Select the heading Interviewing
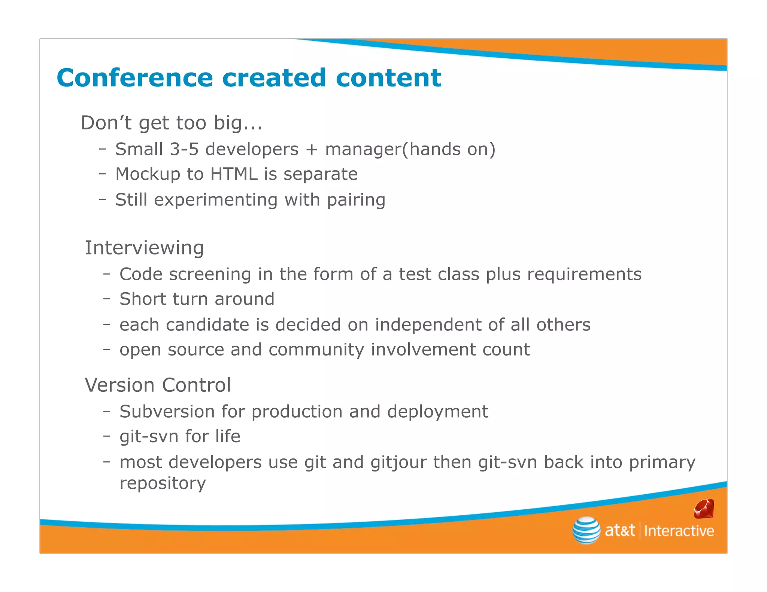point(144,248)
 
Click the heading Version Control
point(158,385)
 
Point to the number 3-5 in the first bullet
point(184,149)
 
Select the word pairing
point(356,200)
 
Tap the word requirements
point(584,274)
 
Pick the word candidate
point(207,325)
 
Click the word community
point(316,350)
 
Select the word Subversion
point(167,412)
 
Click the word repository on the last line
point(163,483)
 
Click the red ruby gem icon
point(704,509)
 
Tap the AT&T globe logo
point(586,530)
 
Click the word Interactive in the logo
point(679,531)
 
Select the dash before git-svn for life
point(107,436)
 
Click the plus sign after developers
point(312,150)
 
